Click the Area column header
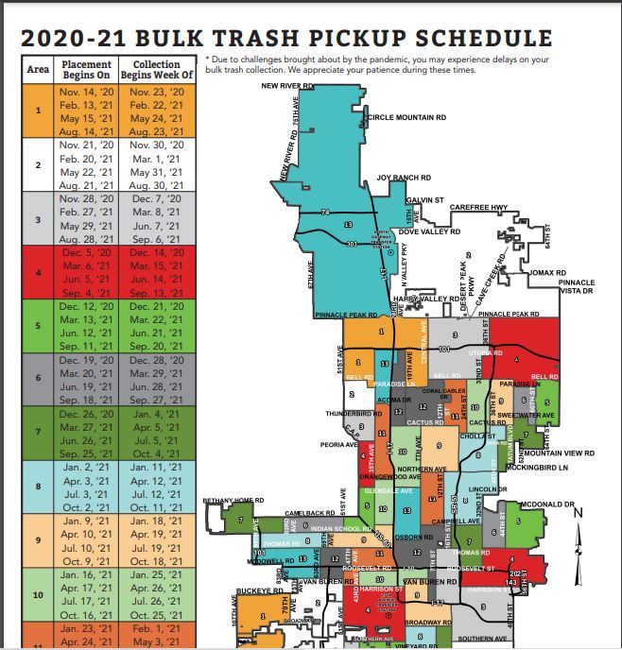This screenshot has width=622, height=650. pyautogui.click(x=39, y=70)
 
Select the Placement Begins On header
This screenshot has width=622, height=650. pyautogui.click(x=86, y=69)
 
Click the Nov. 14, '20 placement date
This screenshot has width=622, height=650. pyautogui.click(x=86, y=92)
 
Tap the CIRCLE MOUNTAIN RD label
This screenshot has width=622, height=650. pyautogui.click(x=406, y=118)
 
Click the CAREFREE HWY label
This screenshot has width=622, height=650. pyautogui.click(x=479, y=207)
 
